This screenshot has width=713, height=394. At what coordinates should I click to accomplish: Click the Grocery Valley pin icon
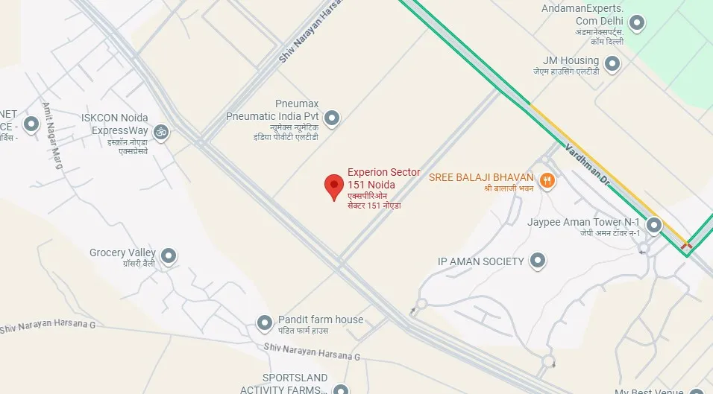169,256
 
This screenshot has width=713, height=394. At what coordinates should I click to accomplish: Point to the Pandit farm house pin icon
264,323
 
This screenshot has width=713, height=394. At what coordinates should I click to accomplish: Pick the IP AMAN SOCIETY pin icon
537,261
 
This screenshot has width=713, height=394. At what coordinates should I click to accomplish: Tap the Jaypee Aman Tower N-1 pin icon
654,224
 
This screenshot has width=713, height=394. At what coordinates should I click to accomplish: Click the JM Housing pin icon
612,64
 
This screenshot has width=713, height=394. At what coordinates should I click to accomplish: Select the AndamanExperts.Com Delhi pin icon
636,24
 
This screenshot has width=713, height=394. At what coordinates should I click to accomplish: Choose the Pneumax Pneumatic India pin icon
332,118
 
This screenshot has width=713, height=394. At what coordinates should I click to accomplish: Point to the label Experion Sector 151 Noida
383,179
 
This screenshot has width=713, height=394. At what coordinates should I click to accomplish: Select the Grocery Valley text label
122,253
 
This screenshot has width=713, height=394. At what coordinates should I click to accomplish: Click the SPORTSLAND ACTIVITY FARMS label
284,384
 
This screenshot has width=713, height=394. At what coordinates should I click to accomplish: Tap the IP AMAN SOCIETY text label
480,262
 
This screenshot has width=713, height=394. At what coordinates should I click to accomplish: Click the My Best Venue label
648,391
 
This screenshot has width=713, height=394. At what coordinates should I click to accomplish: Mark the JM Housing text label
572,61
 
